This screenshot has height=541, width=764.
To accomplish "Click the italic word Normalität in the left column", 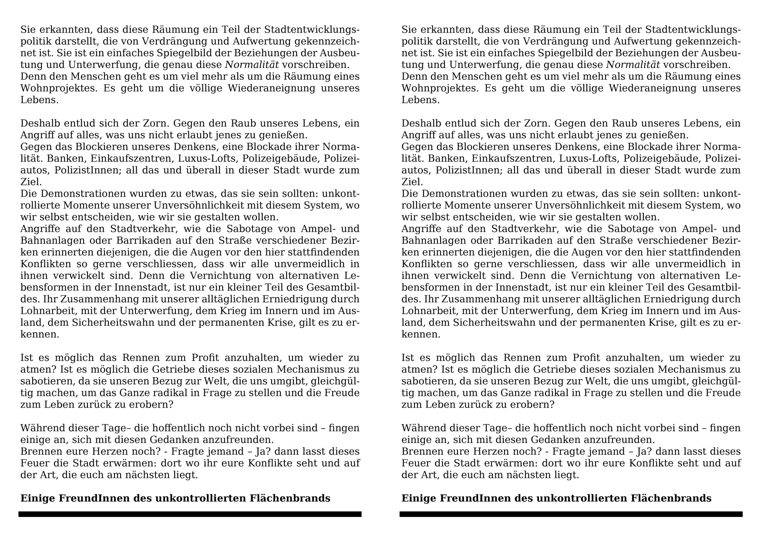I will [x=252, y=65].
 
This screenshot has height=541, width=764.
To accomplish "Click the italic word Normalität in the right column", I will [x=633, y=65].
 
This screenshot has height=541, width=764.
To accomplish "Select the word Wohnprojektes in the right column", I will [x=436, y=88].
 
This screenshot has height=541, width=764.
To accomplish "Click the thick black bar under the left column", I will [x=190, y=514].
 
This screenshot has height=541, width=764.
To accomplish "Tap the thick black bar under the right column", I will [x=571, y=514].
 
